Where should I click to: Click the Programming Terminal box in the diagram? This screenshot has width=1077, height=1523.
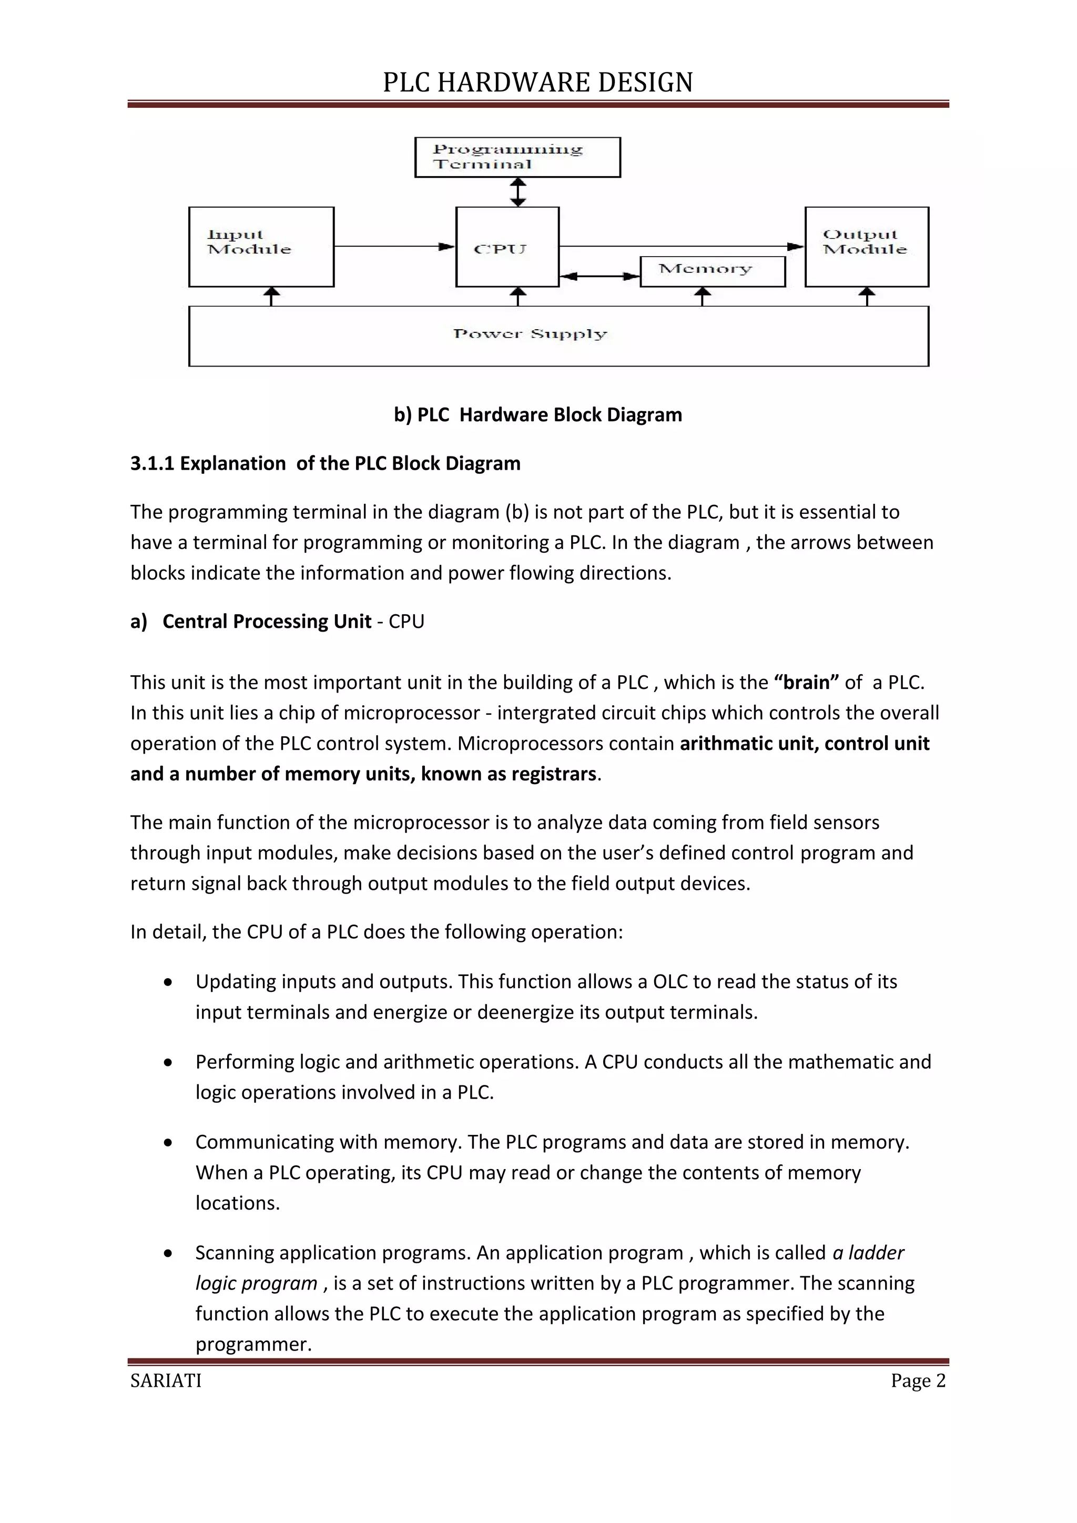pos(517,157)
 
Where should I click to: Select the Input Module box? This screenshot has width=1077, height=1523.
pos(261,247)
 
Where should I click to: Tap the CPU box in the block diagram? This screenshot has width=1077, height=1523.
pos(507,247)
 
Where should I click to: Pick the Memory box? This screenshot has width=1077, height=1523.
pos(712,271)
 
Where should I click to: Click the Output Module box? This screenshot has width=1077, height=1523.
pos(866,247)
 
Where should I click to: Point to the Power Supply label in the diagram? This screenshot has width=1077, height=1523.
pos(530,333)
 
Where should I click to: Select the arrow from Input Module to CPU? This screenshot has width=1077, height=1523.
pos(394,246)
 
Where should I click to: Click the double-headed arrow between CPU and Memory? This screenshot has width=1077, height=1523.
pos(600,276)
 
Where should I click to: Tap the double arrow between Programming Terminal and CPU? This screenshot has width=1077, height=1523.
pos(518,192)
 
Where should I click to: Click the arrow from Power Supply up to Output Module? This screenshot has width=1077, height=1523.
pos(867,297)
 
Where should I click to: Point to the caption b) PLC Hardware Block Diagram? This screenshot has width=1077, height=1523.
pos(538,414)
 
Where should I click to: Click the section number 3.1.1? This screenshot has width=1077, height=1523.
pos(152,463)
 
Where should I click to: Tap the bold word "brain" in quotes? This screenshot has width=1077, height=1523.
pos(806,682)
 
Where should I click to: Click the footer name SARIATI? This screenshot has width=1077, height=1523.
pos(166,1380)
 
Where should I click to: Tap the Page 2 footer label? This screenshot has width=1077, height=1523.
pos(918,1380)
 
